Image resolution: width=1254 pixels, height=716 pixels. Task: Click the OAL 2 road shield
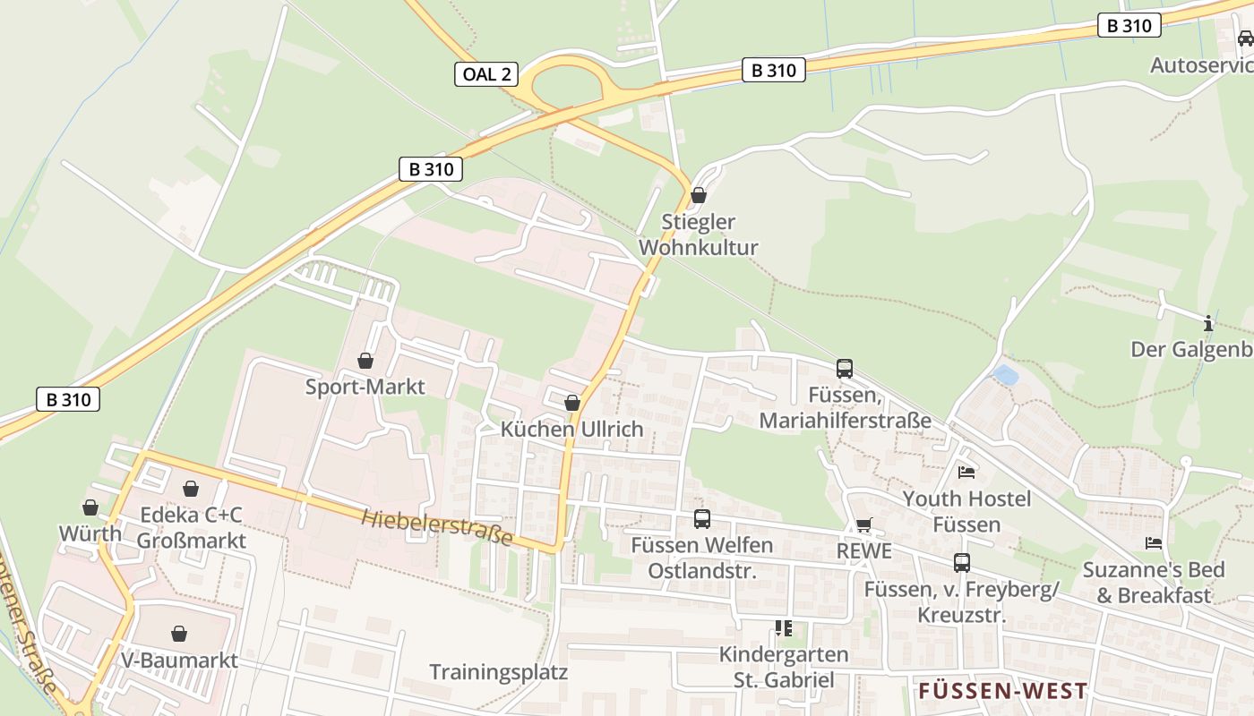tap(487, 74)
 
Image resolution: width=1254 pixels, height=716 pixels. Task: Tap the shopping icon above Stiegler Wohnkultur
tap(699, 195)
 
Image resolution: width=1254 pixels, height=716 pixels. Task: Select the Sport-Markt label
tap(365, 387)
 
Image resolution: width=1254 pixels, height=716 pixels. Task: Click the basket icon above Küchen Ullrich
tap(572, 403)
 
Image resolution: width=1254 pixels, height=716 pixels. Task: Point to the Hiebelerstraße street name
tap(437, 527)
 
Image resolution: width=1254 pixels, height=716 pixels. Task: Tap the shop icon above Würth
tap(90, 507)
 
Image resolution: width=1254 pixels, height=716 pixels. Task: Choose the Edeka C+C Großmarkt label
tap(191, 528)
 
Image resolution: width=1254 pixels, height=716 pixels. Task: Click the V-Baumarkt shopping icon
tap(179, 634)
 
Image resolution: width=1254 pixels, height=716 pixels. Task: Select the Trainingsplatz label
tap(498, 671)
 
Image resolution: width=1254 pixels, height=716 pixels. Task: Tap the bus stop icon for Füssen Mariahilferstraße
tap(844, 368)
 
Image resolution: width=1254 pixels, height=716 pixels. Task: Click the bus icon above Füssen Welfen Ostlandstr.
tap(702, 518)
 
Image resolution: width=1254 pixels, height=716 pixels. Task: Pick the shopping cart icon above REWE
tap(863, 525)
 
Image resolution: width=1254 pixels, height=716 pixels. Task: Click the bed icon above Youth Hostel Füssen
tap(966, 472)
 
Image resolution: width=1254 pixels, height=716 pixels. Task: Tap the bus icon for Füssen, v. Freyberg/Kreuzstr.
tap(961, 562)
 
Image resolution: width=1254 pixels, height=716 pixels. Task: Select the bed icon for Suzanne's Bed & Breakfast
tap(1154, 543)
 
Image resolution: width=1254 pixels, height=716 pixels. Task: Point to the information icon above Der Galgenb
tap(1208, 323)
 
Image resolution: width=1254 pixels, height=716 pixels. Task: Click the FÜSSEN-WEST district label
tap(1002, 691)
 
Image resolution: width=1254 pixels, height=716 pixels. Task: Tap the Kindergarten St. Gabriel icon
tap(784, 628)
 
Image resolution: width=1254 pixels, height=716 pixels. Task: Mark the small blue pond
tap(1006, 374)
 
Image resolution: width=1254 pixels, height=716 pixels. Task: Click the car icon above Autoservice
tap(1245, 38)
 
